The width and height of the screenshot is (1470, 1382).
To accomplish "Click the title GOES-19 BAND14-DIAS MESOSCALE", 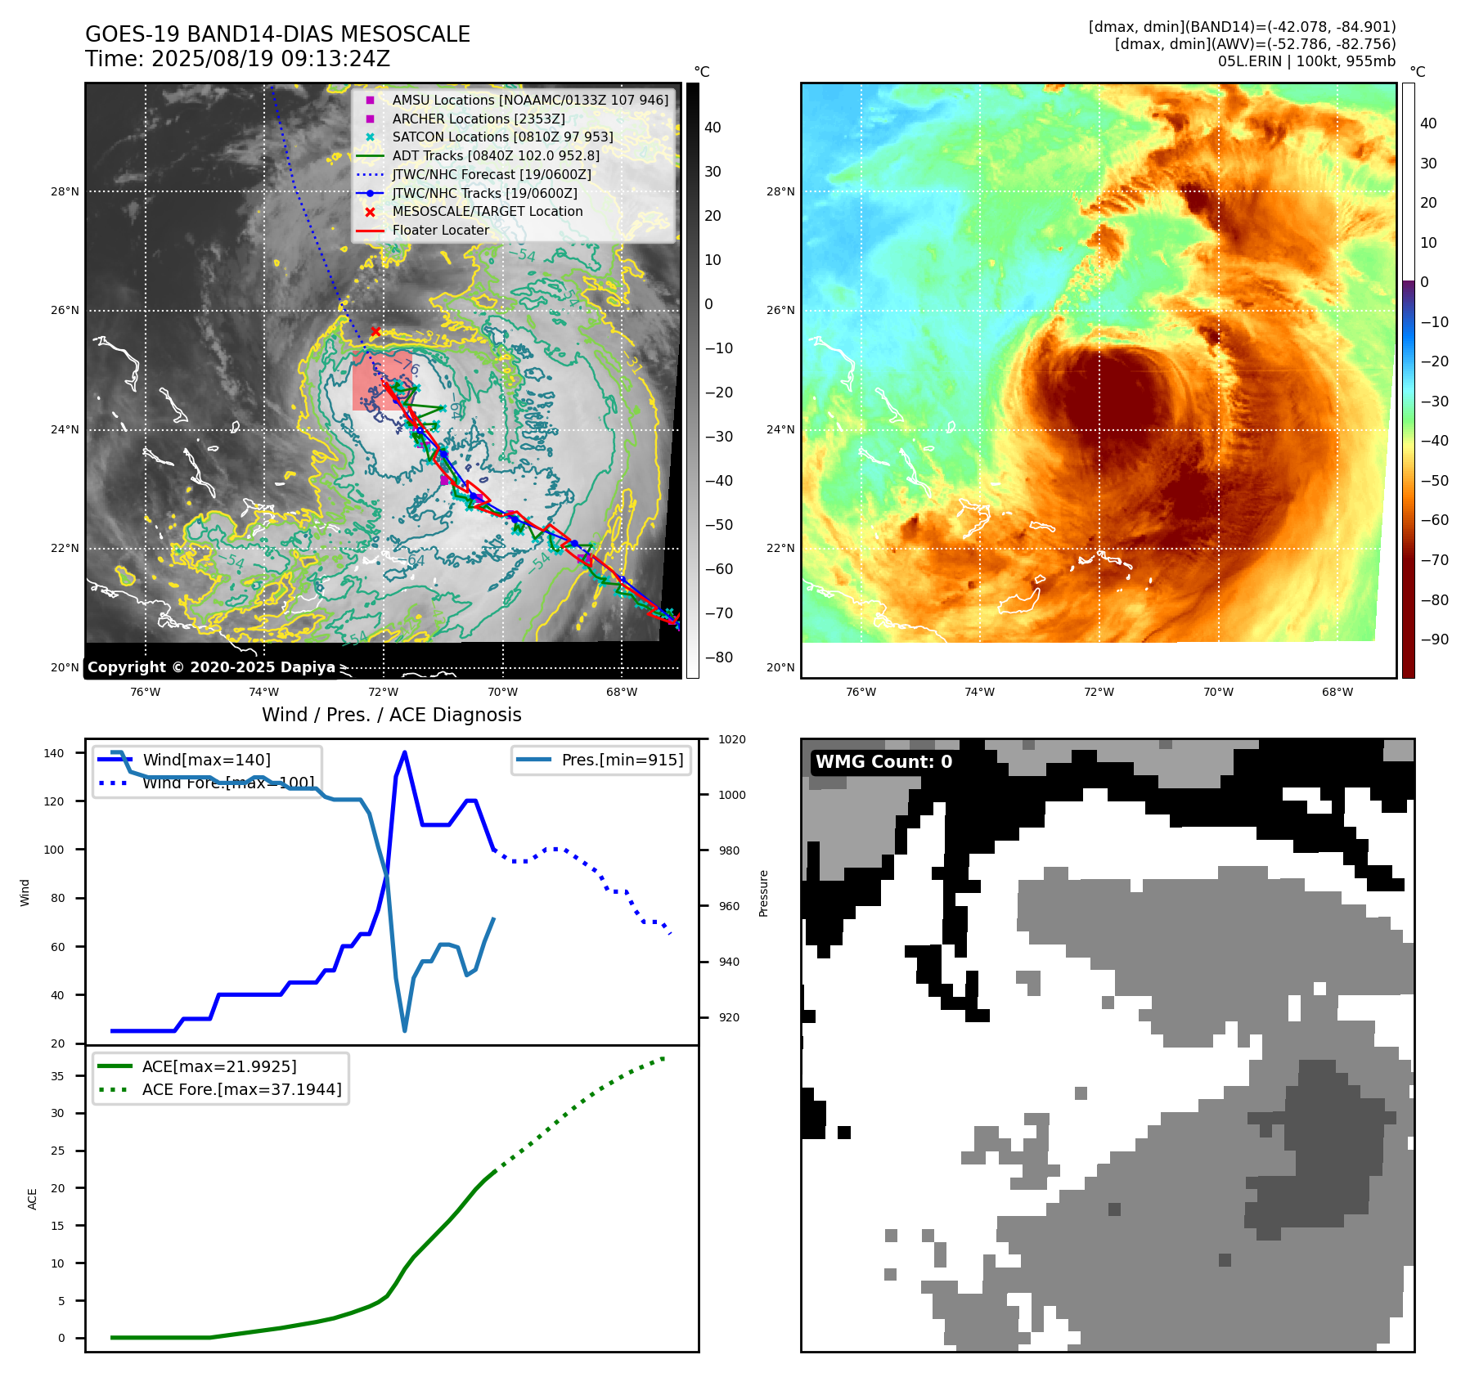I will pos(277,34).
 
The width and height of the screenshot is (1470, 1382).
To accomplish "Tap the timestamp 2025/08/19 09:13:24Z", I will pos(270,59).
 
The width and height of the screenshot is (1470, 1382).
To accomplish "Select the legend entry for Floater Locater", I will pos(440,231).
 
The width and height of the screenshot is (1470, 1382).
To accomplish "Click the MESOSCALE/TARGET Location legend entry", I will pos(487,212).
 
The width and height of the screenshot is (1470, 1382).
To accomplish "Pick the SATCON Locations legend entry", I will pos(501,137).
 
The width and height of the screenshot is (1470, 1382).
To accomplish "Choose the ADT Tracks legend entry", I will pos(495,156).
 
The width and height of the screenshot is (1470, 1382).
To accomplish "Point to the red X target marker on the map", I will pos(375,331).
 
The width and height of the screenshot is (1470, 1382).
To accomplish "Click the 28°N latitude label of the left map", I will pos(65,192).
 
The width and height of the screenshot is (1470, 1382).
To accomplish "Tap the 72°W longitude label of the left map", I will pos(383,693).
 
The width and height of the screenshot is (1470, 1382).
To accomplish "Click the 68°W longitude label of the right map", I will pos(1337,693).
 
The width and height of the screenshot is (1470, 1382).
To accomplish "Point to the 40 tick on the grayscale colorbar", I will pos(713,128).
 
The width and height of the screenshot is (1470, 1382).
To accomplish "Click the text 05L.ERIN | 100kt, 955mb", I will pos(1306,61).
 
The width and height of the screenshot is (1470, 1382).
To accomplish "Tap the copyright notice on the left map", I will pos(211,667).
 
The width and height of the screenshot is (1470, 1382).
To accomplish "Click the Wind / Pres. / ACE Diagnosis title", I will pos(391,715).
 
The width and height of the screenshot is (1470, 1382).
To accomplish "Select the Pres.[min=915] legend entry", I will pos(622,761).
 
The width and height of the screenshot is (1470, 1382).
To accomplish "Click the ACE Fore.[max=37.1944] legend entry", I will pos(241,1090).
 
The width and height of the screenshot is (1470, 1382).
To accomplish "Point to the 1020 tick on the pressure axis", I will pos(731,740).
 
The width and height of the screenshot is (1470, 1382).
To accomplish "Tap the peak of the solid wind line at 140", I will pos(405,753).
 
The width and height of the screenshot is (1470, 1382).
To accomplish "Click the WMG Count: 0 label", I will pos(883,762).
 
